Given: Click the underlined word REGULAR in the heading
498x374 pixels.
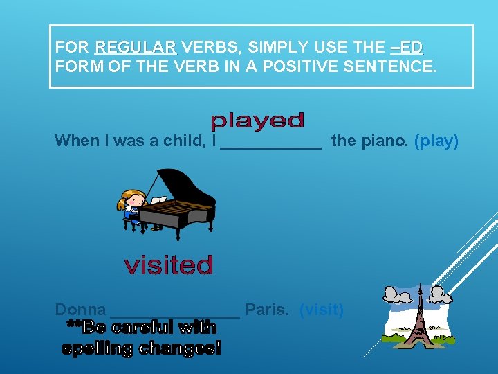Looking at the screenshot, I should tap(136, 48).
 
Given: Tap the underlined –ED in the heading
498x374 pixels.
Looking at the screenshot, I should tap(406, 48).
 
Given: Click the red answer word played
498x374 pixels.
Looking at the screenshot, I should tap(257, 122).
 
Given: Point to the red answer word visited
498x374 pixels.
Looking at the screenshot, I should tap(169, 265).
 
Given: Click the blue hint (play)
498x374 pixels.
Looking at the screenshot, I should tap(436, 141).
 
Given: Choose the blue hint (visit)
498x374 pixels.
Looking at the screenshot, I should tap(321, 310).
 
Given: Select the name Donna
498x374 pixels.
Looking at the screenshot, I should tap(80, 310).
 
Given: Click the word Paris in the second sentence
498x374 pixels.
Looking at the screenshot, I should tap(267, 310).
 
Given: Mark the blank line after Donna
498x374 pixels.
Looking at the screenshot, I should tap(175, 315).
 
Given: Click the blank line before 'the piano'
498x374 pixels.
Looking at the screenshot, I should tap(271, 147).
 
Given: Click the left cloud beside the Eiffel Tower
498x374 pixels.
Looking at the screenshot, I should tap(397, 296).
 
